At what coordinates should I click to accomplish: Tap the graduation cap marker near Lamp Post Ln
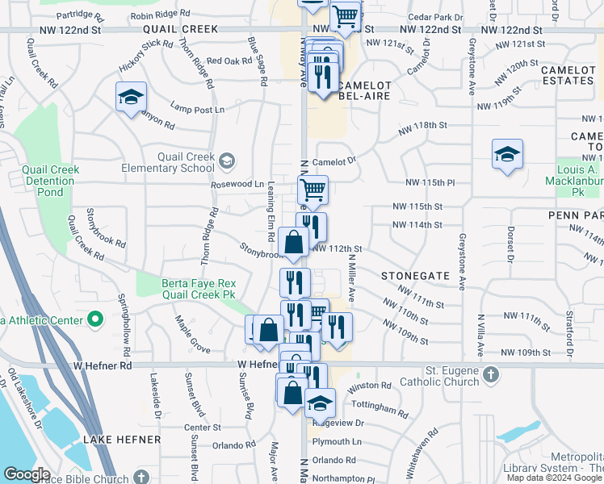pyautogui.click(x=130, y=98)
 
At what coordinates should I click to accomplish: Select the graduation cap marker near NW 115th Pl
pyautogui.click(x=506, y=155)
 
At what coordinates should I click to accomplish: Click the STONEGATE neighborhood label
pyautogui.click(x=415, y=275)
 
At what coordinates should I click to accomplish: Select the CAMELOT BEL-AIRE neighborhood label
pyautogui.click(x=363, y=90)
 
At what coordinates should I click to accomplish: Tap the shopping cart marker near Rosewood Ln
pyautogui.click(x=312, y=191)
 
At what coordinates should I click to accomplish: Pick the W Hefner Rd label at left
pyautogui.click(x=103, y=365)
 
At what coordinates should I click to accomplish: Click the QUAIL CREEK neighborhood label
pyautogui.click(x=181, y=29)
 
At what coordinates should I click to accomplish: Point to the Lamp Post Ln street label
pyautogui.click(x=197, y=109)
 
